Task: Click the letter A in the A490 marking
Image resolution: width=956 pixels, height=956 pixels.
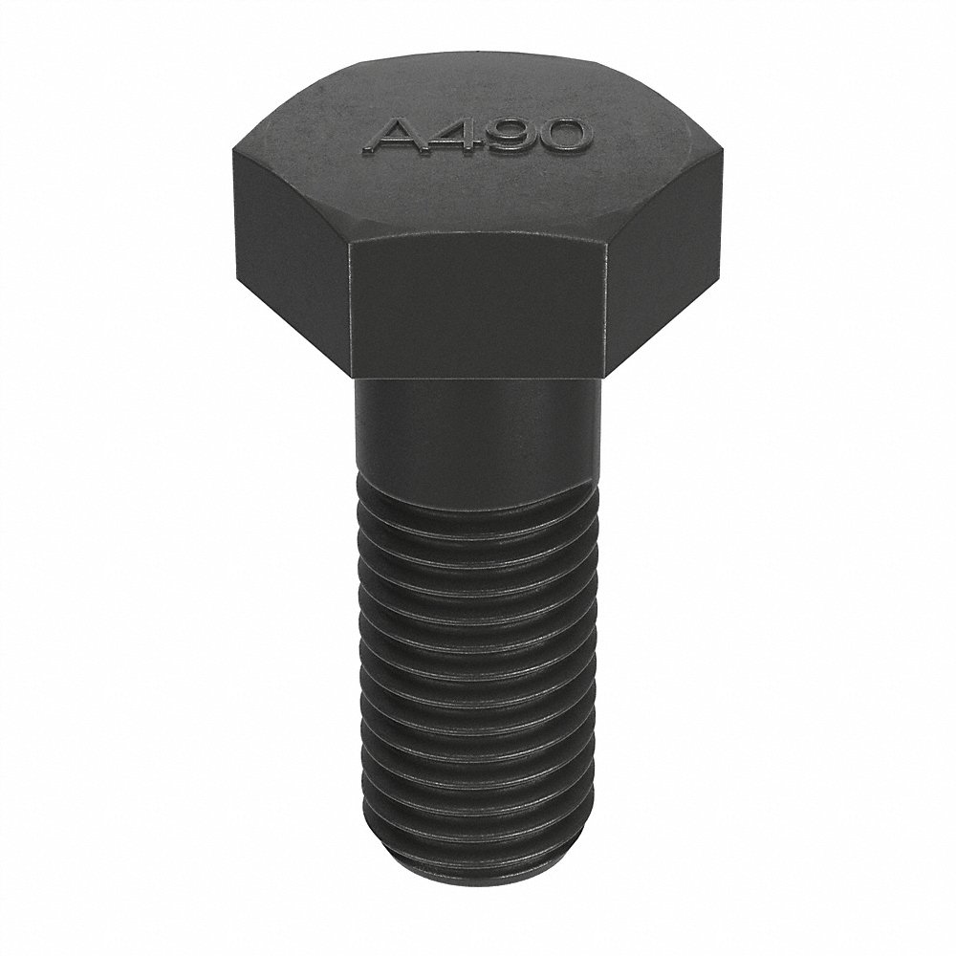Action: tap(392, 138)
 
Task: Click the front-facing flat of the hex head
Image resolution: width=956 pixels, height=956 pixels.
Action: tap(478, 306)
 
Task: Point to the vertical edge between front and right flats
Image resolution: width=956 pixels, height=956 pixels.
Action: tap(606, 306)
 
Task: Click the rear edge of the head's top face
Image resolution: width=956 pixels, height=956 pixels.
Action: tap(478, 59)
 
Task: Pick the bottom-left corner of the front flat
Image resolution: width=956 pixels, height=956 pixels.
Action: tap(353, 373)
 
